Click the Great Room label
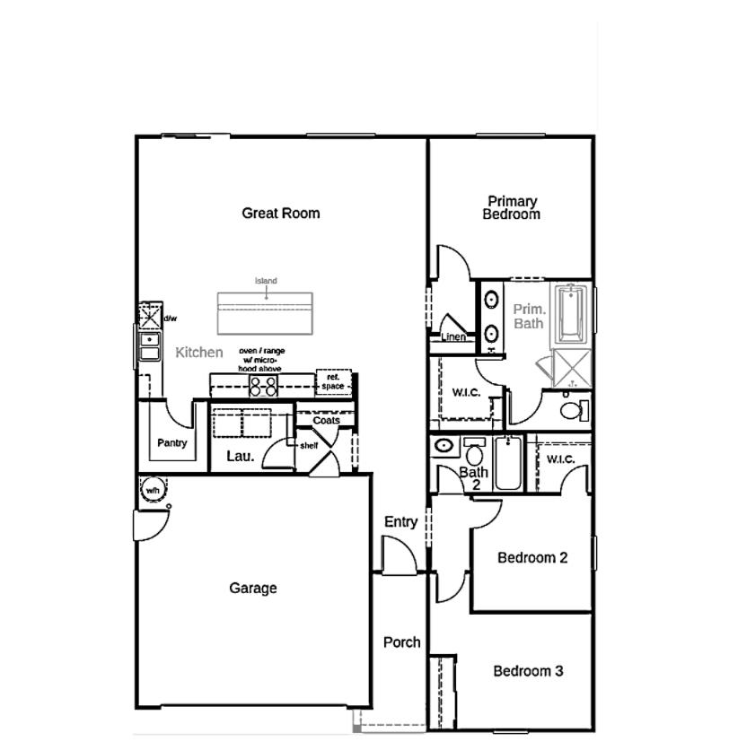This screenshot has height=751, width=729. coord(280,214)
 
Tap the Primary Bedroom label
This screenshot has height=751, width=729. coord(512,208)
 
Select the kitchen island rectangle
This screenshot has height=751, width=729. coord(266,311)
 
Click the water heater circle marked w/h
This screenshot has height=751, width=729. coord(152,491)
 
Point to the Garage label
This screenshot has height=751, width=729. coord(252,589)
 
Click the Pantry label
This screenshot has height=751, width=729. coord(171,443)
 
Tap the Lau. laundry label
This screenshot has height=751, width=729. coord(240,456)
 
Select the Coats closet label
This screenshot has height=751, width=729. coord(326,420)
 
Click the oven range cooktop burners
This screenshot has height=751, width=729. coord(263,386)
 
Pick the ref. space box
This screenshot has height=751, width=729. coord(333,382)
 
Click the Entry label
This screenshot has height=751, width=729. coord(400,522)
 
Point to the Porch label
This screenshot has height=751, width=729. coord(401,642)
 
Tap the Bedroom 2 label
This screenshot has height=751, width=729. coord(532,558)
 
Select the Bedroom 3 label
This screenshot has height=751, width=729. coord(528,671)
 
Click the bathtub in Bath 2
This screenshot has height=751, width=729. coord(507,464)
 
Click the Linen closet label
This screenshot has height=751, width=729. coord(453,338)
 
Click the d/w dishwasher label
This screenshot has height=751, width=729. coord(170,319)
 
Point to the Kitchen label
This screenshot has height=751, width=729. coord(199,353)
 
